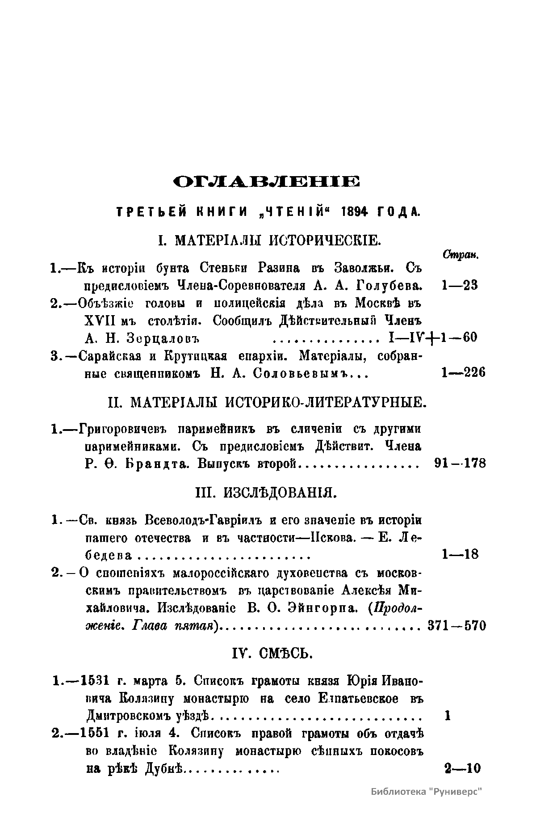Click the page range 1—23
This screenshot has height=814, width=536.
pyautogui.click(x=459, y=285)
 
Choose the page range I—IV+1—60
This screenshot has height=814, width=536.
pyautogui.click(x=433, y=337)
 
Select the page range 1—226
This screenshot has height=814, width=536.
pyautogui.click(x=463, y=372)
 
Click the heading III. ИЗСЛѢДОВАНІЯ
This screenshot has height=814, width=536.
pyautogui.click(x=267, y=493)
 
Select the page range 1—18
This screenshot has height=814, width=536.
pyautogui.click(x=460, y=555)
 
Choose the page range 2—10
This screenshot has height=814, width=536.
pyautogui.click(x=462, y=768)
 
